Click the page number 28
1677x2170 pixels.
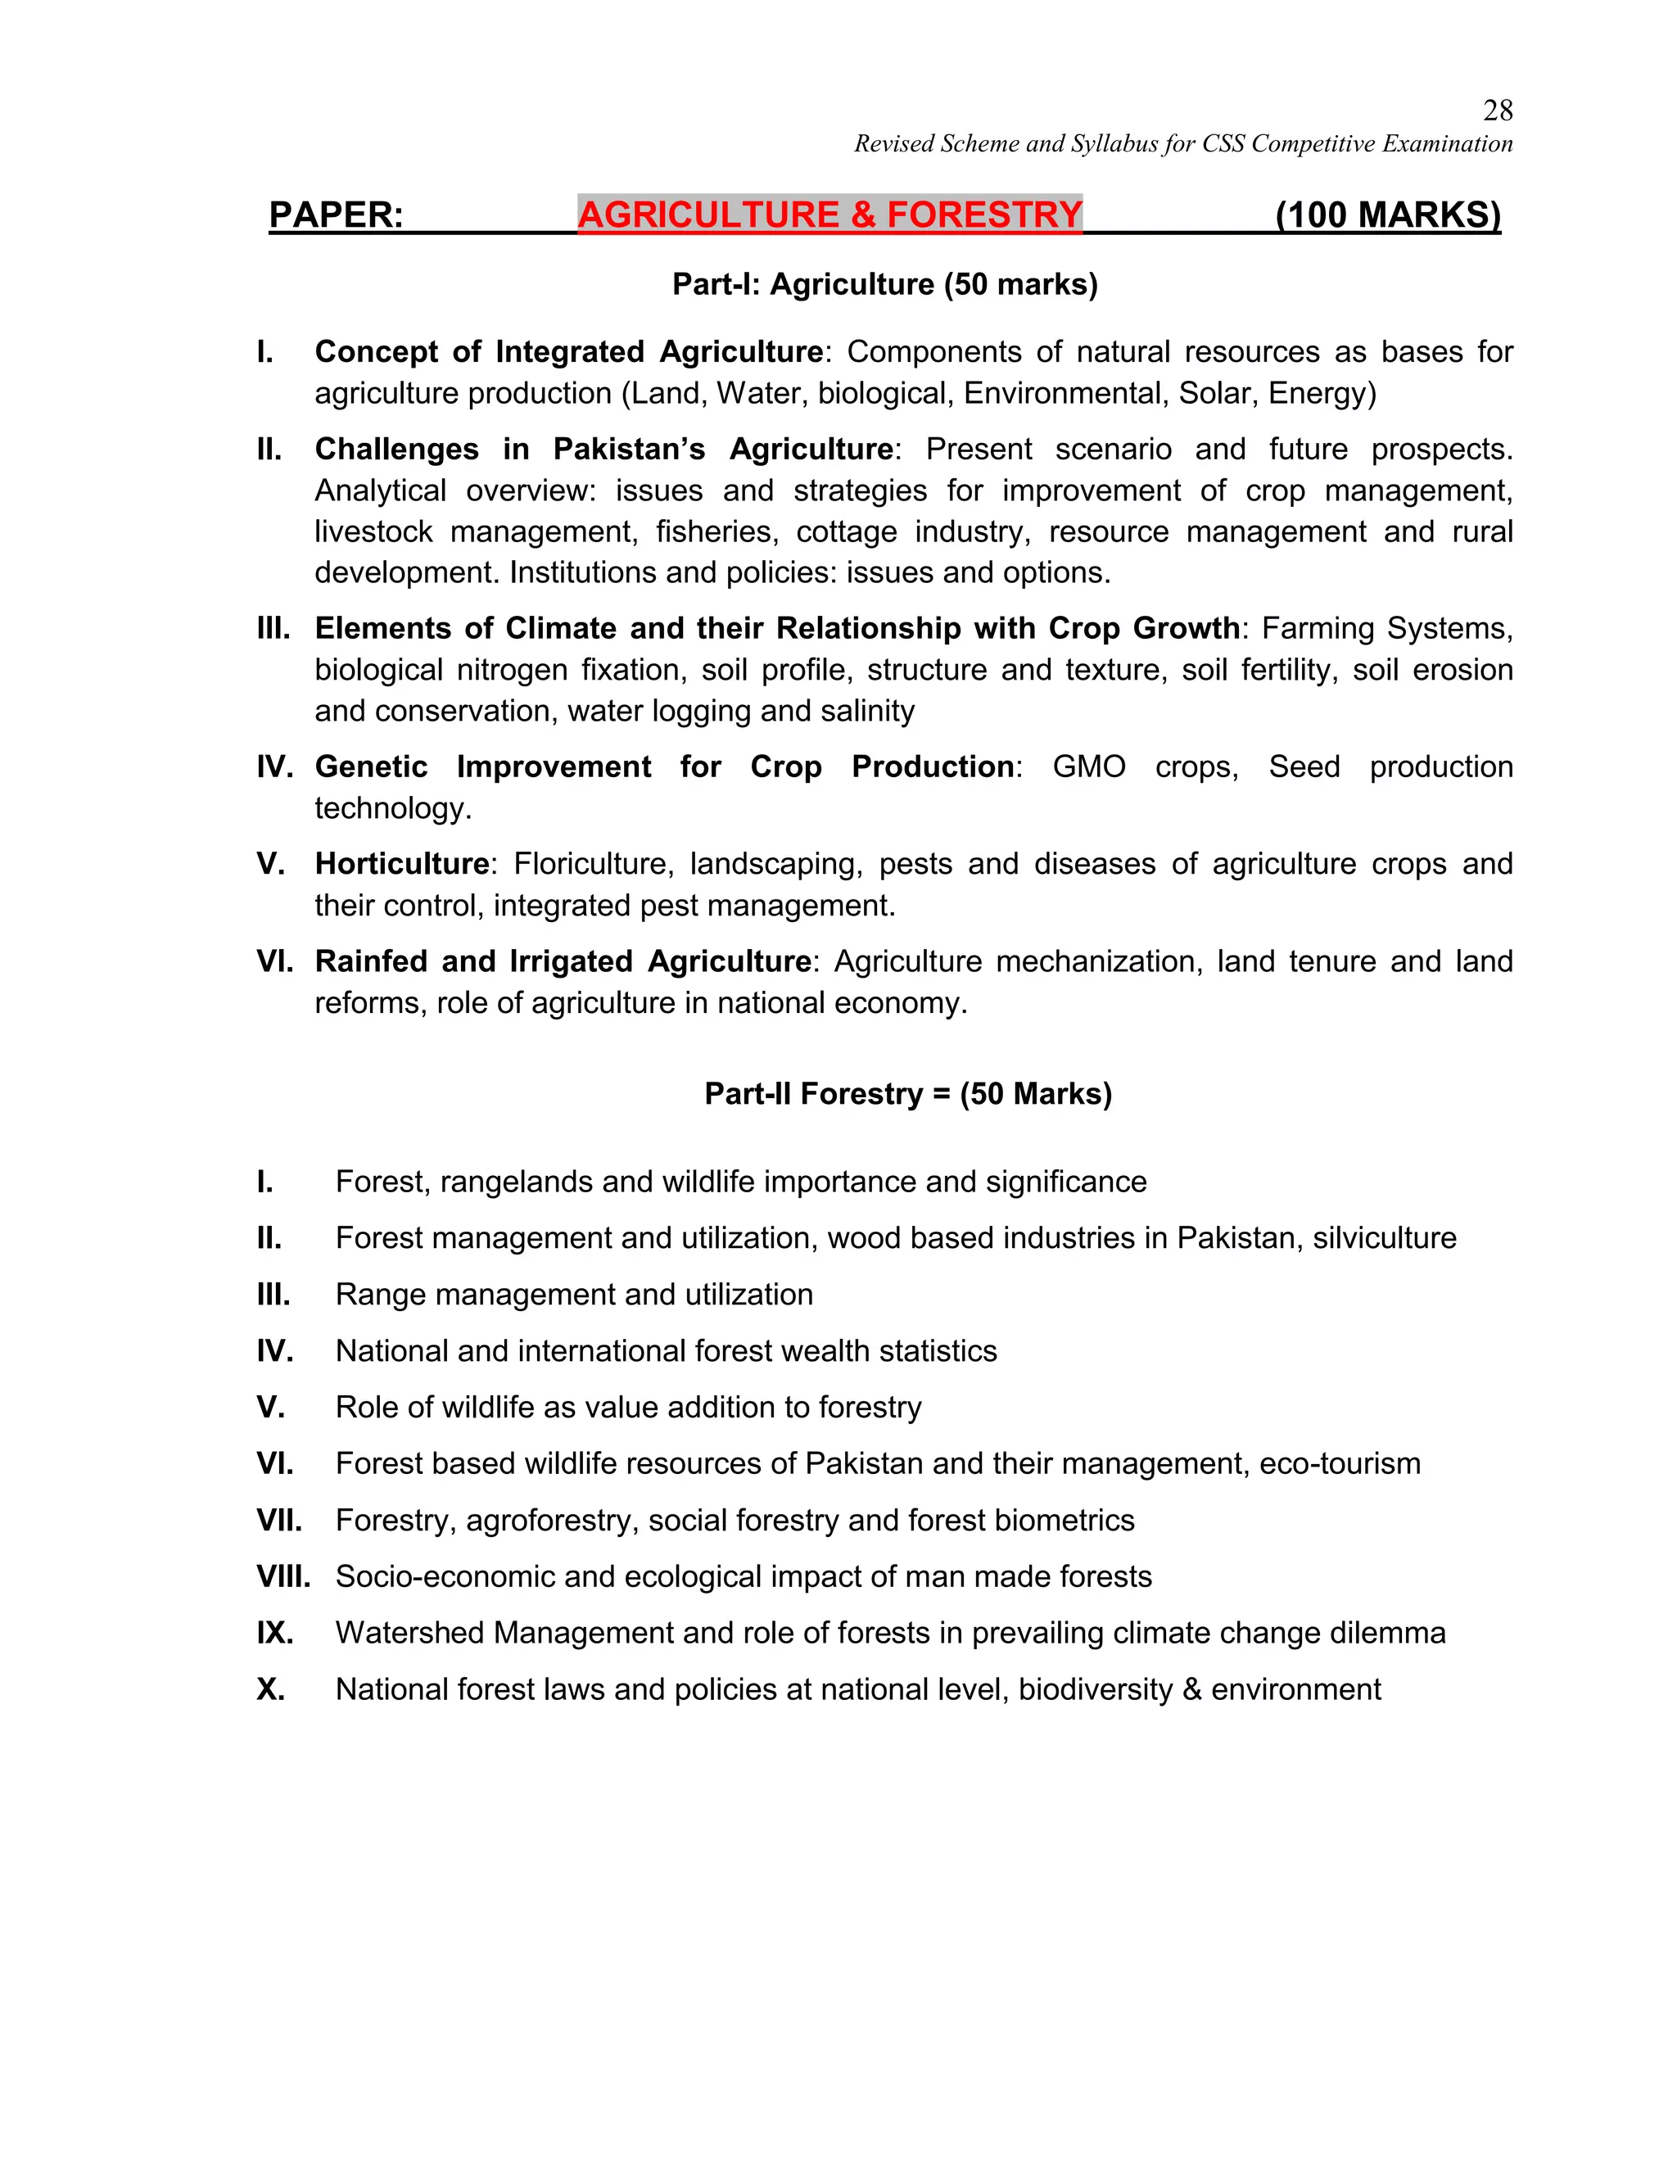click(1497, 111)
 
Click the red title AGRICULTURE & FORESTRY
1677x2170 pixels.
click(829, 215)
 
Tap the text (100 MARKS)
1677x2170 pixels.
click(1388, 215)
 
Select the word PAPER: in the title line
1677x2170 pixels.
click(336, 215)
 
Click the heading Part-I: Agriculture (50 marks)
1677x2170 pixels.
click(884, 284)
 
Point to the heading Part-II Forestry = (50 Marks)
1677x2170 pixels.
click(907, 1094)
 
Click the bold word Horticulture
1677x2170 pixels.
click(401, 863)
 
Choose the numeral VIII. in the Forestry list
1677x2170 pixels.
click(283, 1577)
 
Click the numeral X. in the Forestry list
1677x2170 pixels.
click(270, 1689)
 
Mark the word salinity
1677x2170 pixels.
click(866, 711)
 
